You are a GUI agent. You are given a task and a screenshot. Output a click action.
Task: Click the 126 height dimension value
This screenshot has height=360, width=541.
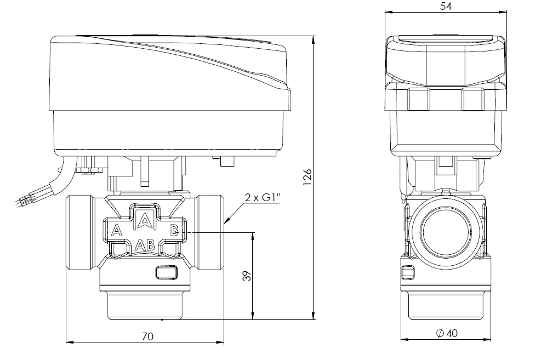click(x=307, y=177)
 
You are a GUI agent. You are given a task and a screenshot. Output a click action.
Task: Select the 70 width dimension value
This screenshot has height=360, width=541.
click(x=147, y=336)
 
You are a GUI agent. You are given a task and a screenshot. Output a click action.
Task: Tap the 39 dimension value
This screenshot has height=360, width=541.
click(x=247, y=276)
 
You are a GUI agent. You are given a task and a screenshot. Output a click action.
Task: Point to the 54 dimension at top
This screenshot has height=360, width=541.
click(x=446, y=6)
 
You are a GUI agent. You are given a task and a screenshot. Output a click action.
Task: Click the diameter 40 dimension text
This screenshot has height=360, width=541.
click(x=447, y=333)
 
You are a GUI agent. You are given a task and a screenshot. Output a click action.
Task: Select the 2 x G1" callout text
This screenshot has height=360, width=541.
click(x=263, y=197)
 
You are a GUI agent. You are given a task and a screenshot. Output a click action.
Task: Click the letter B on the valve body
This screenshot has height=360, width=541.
click(x=175, y=230)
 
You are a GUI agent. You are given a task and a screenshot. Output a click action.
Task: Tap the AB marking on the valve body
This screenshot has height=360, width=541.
click(x=145, y=245)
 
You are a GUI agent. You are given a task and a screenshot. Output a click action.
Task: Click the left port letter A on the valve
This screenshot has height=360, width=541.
click(x=117, y=230)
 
